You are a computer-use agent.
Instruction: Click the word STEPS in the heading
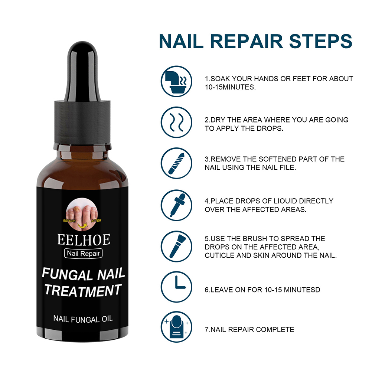click(x=320, y=41)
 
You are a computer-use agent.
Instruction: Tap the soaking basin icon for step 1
click(x=176, y=81)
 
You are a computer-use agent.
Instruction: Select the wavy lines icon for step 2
click(x=176, y=123)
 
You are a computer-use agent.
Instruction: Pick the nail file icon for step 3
click(x=176, y=163)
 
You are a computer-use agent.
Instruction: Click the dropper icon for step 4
click(x=176, y=205)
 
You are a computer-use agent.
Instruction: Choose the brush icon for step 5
click(x=176, y=246)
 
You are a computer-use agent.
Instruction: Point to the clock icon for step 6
click(x=176, y=287)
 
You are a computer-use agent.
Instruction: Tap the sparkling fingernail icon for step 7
click(x=176, y=327)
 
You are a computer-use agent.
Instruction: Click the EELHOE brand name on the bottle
click(x=84, y=239)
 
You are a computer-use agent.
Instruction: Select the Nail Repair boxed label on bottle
click(x=83, y=253)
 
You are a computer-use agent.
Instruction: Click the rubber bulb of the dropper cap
click(x=82, y=71)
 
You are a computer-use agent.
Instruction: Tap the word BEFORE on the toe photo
click(x=69, y=221)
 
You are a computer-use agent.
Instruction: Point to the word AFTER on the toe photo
click(x=96, y=221)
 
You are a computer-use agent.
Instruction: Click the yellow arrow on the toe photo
click(x=82, y=226)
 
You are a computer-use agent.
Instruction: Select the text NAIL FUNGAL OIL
click(x=83, y=319)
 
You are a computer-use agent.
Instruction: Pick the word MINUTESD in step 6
click(x=302, y=290)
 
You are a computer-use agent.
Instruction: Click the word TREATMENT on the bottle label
click(x=83, y=290)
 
